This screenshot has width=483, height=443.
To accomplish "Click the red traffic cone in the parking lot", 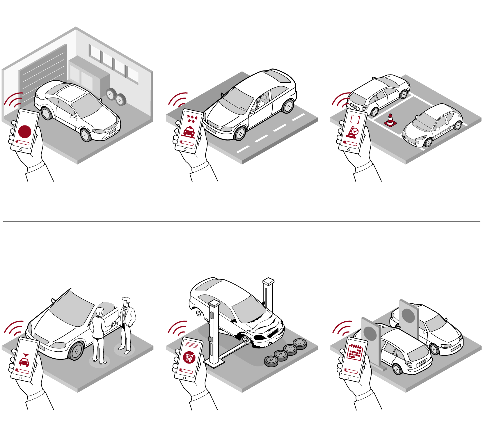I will [390, 120].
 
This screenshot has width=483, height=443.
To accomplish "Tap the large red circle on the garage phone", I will [25, 131].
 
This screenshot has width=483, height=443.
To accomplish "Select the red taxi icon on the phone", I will [189, 132].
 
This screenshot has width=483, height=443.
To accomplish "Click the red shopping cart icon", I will [189, 357].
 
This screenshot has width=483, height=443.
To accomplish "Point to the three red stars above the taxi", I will [192, 118].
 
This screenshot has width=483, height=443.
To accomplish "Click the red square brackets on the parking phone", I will [355, 119].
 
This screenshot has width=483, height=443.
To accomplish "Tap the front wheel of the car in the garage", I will [86, 135].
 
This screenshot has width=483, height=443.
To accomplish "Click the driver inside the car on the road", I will [258, 103].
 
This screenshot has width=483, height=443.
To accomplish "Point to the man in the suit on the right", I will [127, 323].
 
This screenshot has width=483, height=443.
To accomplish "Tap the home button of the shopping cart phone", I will [185, 378].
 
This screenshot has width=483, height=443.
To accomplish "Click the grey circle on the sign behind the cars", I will [408, 316].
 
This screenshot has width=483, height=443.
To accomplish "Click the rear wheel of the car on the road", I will [288, 106].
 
